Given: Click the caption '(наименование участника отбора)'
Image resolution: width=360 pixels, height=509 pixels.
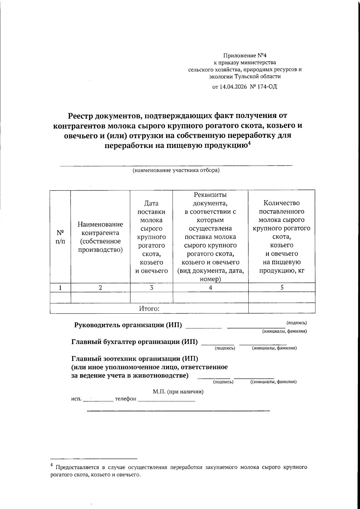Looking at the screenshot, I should [176, 170].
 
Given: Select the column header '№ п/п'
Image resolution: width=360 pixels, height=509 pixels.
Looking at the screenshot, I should [60, 237].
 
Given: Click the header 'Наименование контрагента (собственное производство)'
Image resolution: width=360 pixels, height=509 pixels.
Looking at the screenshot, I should [100, 237].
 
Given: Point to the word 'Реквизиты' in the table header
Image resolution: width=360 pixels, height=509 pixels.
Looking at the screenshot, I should [210, 195].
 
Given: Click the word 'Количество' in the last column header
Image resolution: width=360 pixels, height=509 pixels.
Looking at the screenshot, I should [281, 203].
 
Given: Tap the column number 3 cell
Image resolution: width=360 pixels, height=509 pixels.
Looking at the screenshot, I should [151, 288].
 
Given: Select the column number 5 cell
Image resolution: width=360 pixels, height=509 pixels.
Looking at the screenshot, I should [282, 288].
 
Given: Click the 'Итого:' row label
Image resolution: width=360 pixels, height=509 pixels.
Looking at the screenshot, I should [149, 308].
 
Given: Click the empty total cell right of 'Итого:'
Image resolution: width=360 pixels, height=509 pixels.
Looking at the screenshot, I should [282, 308].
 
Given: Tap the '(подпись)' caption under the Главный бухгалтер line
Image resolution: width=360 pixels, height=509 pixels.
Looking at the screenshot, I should [225, 348].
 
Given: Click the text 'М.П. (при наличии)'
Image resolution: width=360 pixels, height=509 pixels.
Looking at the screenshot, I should [178, 392].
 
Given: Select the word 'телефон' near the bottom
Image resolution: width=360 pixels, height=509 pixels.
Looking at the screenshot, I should [126, 399].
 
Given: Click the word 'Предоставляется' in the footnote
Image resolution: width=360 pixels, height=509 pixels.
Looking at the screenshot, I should [76, 467].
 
